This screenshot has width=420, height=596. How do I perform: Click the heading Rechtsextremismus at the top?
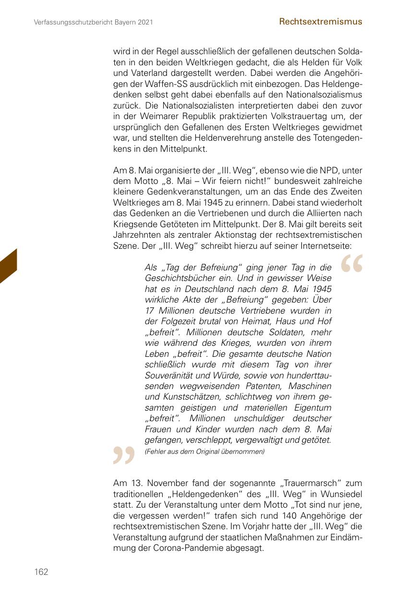(x=320, y=22)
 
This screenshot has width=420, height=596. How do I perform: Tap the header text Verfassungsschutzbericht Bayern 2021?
(x=94, y=22)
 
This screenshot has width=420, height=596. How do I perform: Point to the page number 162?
(x=41, y=572)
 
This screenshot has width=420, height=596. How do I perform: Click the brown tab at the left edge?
(x=9, y=266)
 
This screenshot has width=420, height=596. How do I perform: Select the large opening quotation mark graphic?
(x=352, y=265)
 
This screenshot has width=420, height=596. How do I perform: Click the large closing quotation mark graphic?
(x=123, y=455)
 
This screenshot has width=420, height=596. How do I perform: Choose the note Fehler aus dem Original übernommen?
(x=204, y=451)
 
